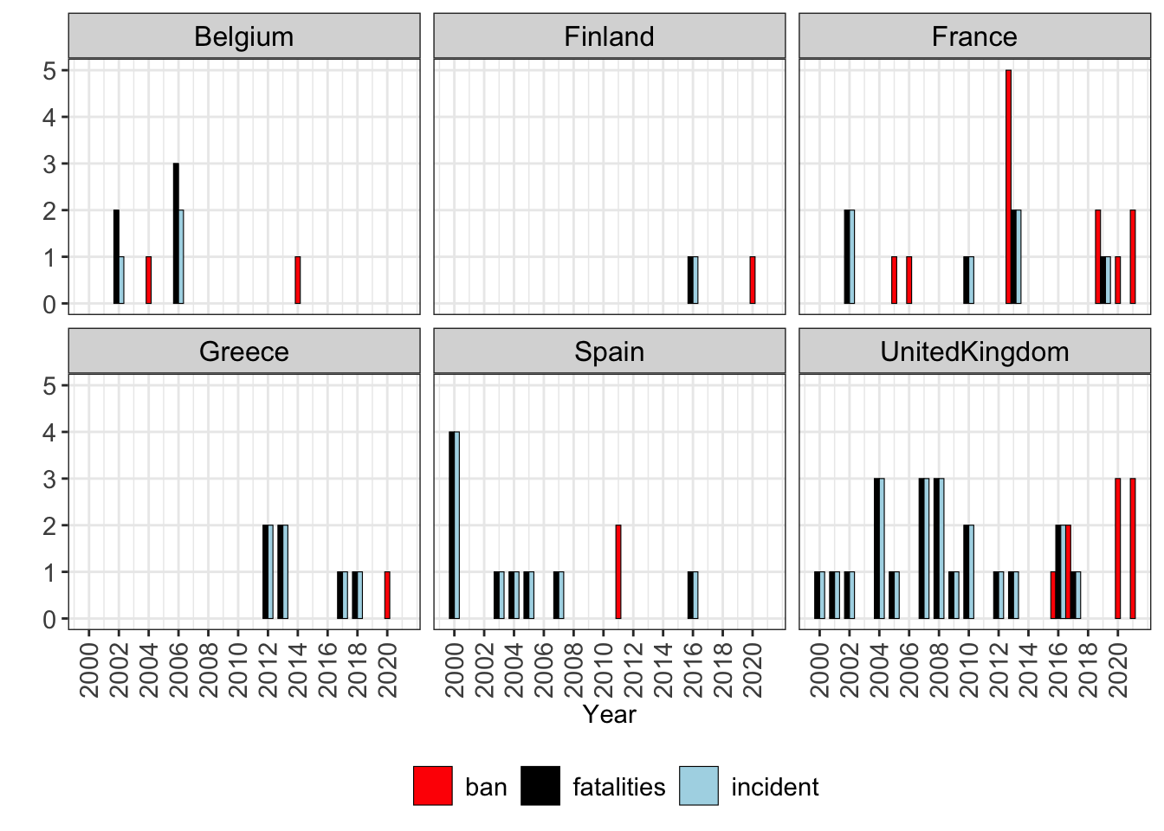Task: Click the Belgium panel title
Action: (243, 37)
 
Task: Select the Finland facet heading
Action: (609, 37)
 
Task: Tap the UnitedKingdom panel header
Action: (974, 351)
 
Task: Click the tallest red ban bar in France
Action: (1008, 186)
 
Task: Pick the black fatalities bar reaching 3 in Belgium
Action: (176, 233)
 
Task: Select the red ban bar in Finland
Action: (753, 280)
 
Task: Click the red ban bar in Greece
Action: (387, 596)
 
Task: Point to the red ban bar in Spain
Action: (618, 572)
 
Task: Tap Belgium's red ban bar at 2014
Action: (298, 280)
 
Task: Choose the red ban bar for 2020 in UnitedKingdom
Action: (1118, 549)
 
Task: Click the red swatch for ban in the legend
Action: (433, 786)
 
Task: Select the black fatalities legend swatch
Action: (540, 786)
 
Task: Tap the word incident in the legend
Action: (775, 787)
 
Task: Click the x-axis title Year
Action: (609, 714)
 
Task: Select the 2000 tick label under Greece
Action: (89, 670)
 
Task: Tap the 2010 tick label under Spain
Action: (604, 670)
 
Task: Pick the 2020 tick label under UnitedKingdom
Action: (1118, 670)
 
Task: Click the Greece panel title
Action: (243, 351)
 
